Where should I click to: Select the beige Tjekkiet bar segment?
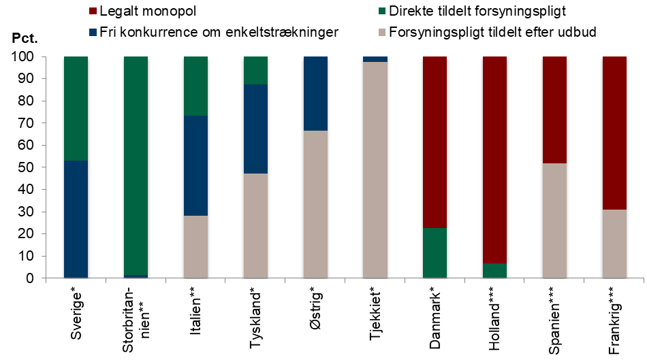375,170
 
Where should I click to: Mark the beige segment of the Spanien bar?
555,220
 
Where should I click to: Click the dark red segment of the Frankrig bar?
615,133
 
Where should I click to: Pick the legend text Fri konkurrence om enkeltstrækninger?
219,32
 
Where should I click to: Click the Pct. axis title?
25,37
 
